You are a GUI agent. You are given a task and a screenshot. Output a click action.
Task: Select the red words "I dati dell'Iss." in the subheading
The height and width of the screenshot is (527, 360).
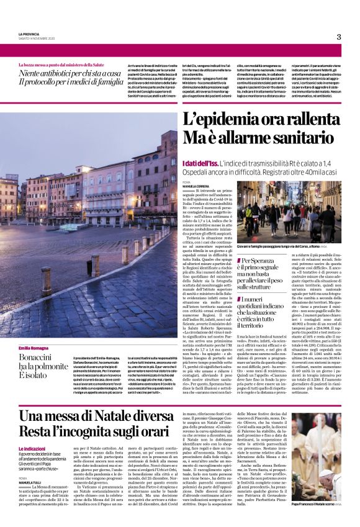click(x=202, y=163)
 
